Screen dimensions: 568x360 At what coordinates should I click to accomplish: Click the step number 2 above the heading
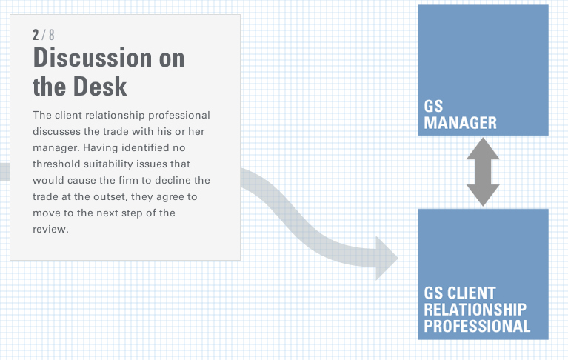point(36,35)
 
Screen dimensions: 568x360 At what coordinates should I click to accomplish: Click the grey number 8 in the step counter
point(51,35)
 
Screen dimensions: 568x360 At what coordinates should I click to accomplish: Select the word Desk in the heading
point(100,86)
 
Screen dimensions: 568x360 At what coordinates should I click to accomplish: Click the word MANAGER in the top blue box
point(460,123)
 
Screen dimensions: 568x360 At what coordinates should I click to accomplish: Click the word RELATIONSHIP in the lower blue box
point(475,310)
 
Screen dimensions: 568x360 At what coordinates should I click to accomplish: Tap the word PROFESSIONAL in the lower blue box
point(477,326)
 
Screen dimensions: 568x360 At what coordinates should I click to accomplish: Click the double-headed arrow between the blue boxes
point(483,172)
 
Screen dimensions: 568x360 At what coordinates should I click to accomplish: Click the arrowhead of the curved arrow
point(387,259)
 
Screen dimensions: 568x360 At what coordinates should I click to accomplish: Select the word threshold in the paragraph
point(56,164)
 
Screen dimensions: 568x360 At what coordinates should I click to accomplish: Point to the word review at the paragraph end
point(50,229)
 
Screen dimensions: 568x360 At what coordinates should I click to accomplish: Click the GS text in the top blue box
point(433,107)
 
